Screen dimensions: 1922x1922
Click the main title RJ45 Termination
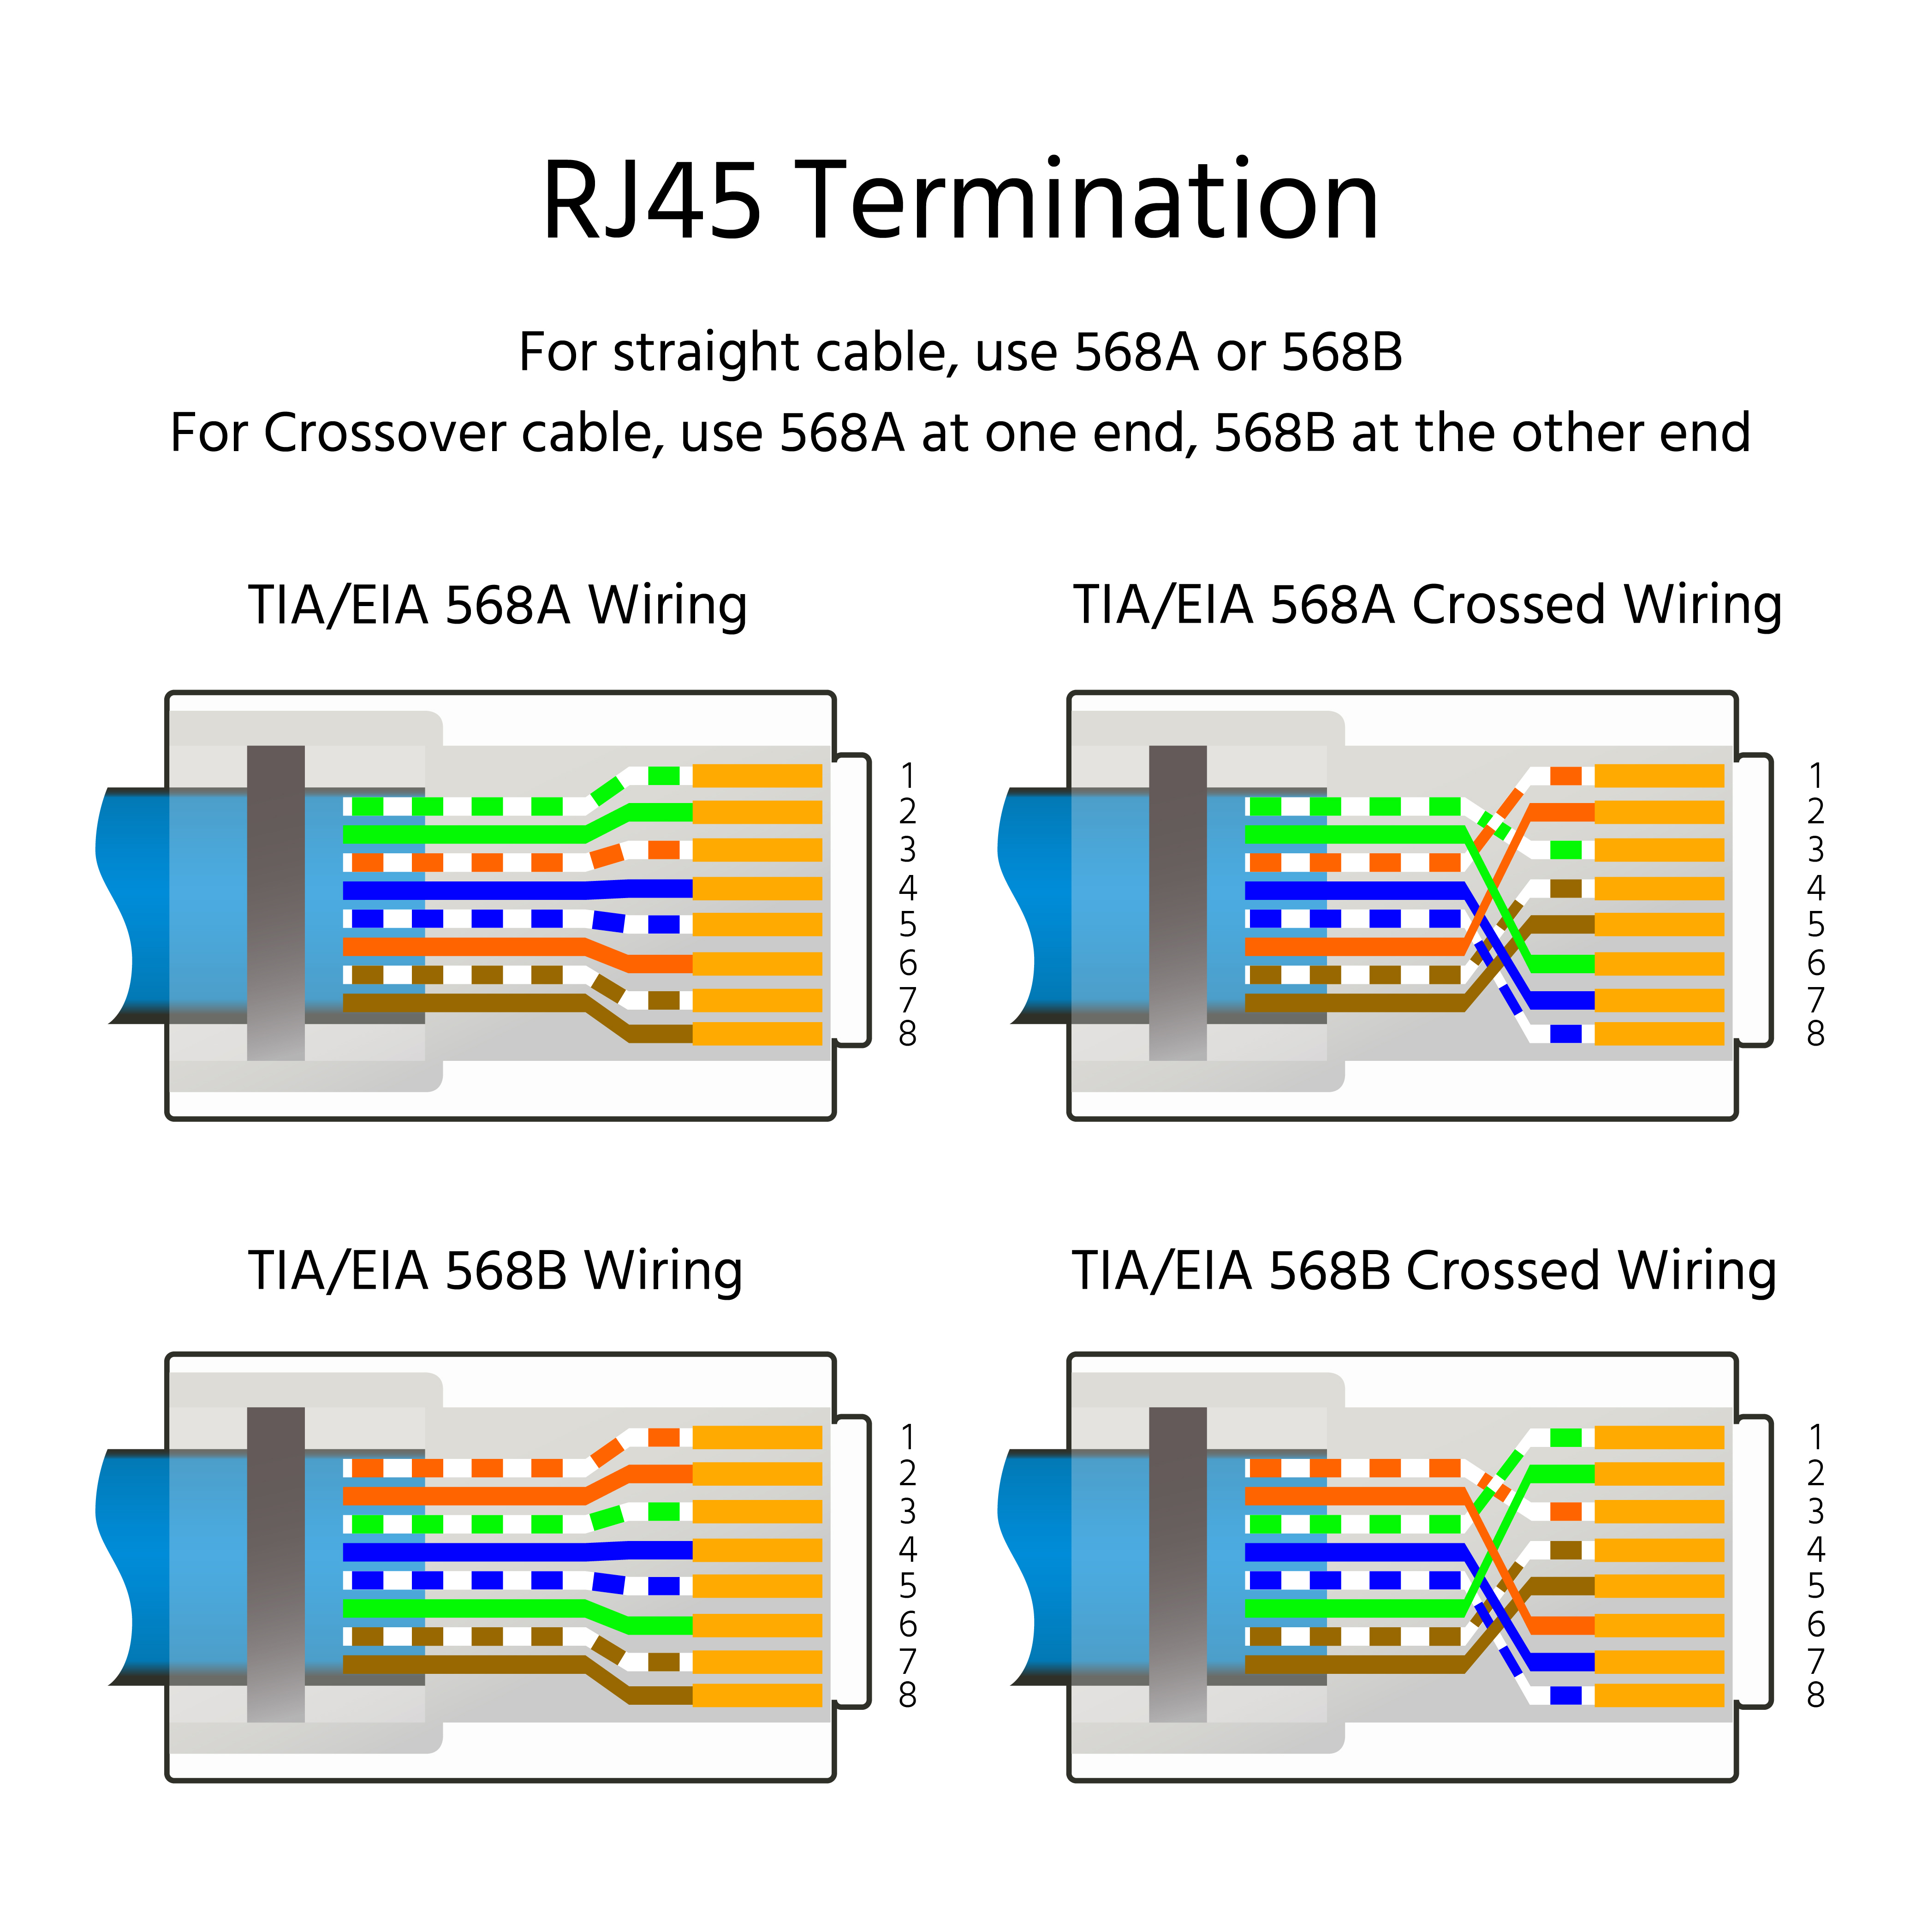[960, 202]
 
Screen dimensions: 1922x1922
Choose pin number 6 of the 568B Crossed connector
[1815, 1624]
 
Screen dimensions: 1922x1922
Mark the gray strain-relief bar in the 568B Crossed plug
[1178, 1564]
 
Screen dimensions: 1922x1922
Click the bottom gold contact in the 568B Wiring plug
[757, 1695]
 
